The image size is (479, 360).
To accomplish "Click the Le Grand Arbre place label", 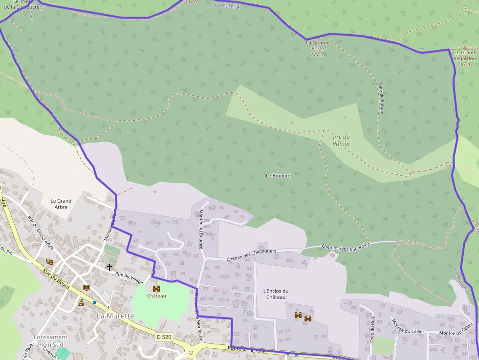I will pyautogui.click(x=61, y=204).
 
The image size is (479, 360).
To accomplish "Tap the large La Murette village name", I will pyautogui.click(x=115, y=316).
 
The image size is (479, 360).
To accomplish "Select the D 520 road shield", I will pyautogui.click(x=165, y=337).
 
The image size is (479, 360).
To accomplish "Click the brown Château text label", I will pyautogui.click(x=156, y=296).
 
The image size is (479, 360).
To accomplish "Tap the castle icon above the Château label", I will pyautogui.click(x=156, y=289).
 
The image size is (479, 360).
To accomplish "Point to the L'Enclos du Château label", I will pyautogui.click(x=276, y=294).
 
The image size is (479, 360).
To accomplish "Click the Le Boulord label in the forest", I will pyautogui.click(x=278, y=175).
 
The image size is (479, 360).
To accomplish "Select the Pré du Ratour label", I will pyautogui.click(x=341, y=140).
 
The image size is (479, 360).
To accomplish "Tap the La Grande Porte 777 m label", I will pyautogui.click(x=318, y=48).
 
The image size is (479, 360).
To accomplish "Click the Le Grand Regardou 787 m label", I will pyautogui.click(x=464, y=58).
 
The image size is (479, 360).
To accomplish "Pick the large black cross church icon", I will pyautogui.click(x=109, y=267).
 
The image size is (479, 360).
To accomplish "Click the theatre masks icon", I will pyautogui.click(x=49, y=262).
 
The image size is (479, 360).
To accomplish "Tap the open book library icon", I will pyautogui.click(x=87, y=287).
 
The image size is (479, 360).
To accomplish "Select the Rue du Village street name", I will pyautogui.click(x=130, y=276).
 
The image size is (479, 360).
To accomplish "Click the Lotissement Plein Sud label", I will pyautogui.click(x=50, y=340).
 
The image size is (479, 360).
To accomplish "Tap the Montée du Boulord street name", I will pyautogui.click(x=200, y=229).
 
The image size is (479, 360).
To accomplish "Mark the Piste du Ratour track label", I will pyautogui.click(x=381, y=98).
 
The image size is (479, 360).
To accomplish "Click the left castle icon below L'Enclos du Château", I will pyautogui.click(x=298, y=316).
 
